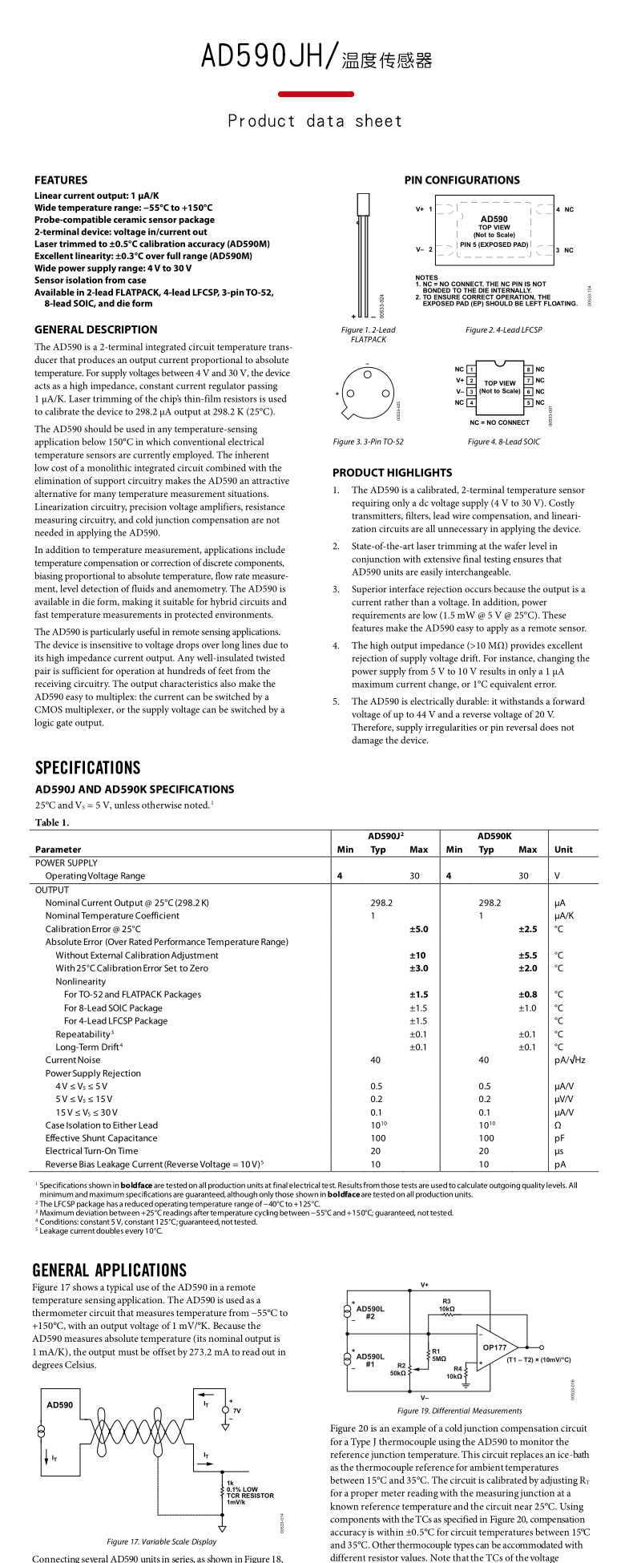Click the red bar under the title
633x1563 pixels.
tap(316, 94)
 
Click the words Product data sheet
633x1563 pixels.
tap(315, 121)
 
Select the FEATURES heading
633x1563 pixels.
tap(61, 180)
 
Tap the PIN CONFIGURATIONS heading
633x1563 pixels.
tap(462, 180)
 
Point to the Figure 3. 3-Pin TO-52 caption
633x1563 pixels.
tap(369, 442)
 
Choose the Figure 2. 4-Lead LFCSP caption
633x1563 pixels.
tap(504, 329)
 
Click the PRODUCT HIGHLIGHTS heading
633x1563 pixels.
tap(392, 473)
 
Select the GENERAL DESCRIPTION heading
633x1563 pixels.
tap(96, 329)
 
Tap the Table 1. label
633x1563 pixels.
tap(52, 822)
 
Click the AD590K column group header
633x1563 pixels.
tap(494, 836)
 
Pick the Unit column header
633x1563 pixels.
tap(563, 850)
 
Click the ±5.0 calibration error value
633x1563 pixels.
tap(419, 929)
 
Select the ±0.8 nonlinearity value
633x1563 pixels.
tap(527, 995)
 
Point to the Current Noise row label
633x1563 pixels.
tap(73, 1060)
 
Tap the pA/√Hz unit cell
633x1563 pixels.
tap(570, 1060)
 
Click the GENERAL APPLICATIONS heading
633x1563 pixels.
tap(109, 1270)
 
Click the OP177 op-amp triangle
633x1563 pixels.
tap(494, 1347)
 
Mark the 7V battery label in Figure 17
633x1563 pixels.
tap(236, 1410)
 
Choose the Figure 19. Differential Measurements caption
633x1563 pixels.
tap(459, 1411)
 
